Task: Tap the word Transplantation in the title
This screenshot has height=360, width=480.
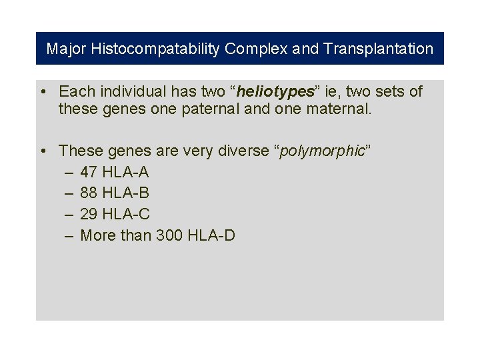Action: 379,49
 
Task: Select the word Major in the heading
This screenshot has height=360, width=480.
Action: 67,49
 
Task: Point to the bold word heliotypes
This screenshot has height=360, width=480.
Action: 275,91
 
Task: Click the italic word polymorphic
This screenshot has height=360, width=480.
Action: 323,151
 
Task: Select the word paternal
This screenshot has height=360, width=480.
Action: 211,109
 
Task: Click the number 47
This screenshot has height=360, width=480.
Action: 89,172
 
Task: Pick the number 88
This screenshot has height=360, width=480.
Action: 89,193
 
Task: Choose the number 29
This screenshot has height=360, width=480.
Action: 89,215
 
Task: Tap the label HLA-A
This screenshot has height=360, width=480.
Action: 126,172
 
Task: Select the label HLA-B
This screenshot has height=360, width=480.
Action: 126,193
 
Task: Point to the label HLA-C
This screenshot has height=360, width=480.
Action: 126,215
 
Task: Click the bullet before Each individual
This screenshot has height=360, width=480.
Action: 42,91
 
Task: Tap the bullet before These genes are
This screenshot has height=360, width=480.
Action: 42,151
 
